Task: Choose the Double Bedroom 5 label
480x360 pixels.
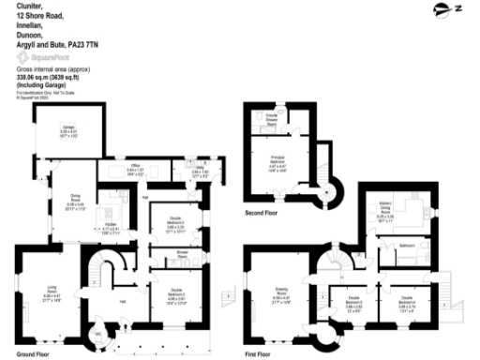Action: tap(405, 303)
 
